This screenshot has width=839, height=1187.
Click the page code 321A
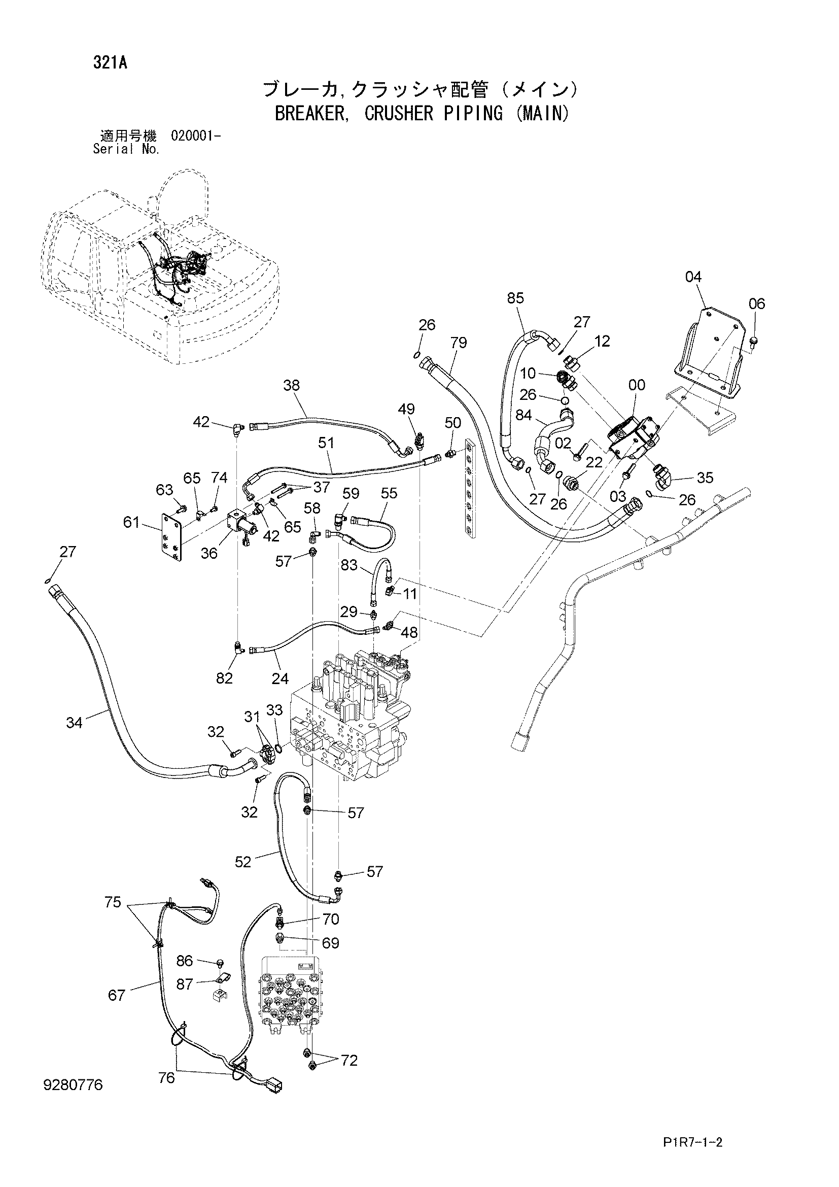coord(110,63)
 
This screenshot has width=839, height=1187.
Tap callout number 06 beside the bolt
coord(756,303)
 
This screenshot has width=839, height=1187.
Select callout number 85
coord(515,298)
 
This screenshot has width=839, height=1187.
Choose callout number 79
coord(458,343)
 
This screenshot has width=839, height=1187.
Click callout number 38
coord(291,385)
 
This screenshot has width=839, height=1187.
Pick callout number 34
coord(75,723)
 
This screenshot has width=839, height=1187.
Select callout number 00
coord(637,385)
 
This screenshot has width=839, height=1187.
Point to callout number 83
coord(349,565)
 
